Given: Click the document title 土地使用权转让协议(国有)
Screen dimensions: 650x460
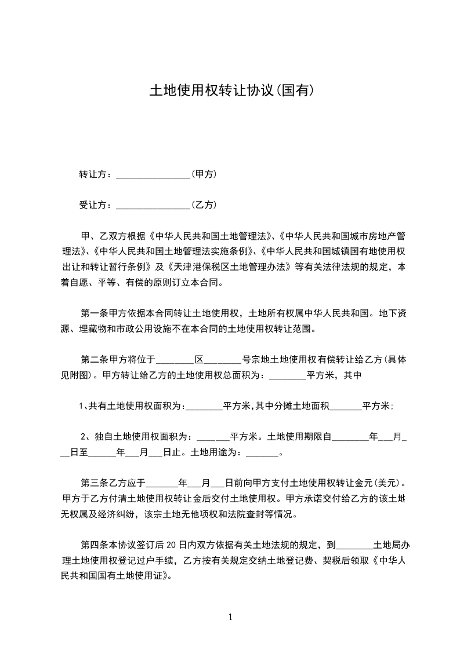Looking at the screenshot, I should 232,91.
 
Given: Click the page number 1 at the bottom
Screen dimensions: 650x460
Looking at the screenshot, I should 230,617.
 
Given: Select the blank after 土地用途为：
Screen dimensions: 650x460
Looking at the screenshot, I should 262,454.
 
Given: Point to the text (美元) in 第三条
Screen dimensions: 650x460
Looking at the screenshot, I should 387,483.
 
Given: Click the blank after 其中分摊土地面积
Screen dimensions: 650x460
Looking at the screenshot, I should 346,407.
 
